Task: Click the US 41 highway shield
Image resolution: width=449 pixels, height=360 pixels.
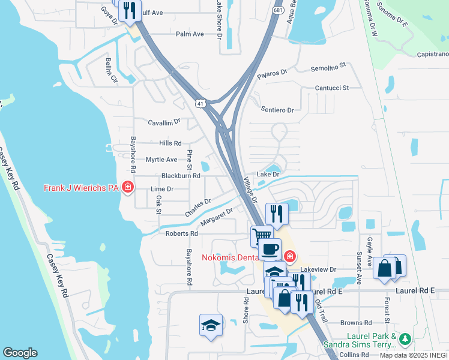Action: pos(200,104)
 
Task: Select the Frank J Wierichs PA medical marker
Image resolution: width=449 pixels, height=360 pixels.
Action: pos(127,188)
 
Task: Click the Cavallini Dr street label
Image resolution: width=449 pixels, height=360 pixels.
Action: pos(164,122)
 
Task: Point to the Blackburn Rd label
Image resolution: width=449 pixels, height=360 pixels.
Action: pos(181,176)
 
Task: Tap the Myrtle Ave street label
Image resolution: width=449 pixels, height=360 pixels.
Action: pos(161,160)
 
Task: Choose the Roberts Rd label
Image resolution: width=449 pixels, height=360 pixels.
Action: pos(181,233)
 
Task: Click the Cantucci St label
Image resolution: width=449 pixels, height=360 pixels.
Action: pos(333,88)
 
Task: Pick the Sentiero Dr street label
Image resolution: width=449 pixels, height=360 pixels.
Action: pos(277,110)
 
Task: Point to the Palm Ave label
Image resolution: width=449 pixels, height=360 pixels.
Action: pos(190,34)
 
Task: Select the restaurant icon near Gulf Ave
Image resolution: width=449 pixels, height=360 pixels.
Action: pos(129,10)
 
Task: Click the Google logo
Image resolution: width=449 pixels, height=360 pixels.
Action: pos(20,353)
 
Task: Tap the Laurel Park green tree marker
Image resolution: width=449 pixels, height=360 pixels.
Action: pos(405,340)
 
